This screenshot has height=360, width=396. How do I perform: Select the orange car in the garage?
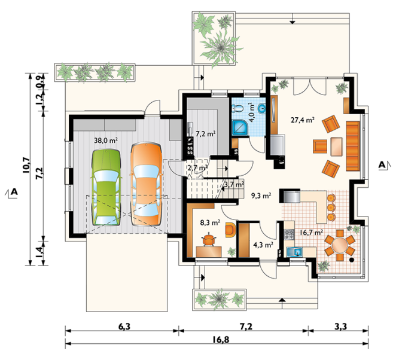pyautogui.click(x=146, y=184)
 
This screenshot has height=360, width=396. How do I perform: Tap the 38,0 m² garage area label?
pyautogui.click(x=106, y=141)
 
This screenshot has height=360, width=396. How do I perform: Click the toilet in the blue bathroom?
pyautogui.click(x=238, y=108)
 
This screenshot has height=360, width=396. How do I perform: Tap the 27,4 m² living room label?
pyautogui.click(x=302, y=120)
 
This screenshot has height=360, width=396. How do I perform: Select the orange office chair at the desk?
pyautogui.click(x=209, y=240)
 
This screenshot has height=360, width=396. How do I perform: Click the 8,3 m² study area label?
pyautogui.click(x=210, y=222)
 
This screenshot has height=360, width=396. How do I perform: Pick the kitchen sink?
pyautogui.click(x=295, y=252)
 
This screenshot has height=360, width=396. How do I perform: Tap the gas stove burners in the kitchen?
pyautogui.click(x=290, y=234)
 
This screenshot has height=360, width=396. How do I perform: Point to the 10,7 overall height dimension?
pyautogui.click(x=26, y=165)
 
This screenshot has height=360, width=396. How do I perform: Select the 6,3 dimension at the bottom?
pyautogui.click(x=124, y=327)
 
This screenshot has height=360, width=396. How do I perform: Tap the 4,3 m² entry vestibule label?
pyautogui.click(x=263, y=245)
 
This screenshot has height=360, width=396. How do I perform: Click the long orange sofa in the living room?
pyautogui.click(x=353, y=146)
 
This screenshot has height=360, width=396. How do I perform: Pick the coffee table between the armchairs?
pyautogui.click(x=336, y=147)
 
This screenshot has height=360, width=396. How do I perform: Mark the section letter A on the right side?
pyautogui.click(x=382, y=165)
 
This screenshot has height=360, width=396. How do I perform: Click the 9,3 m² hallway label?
pyautogui.click(x=261, y=196)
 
